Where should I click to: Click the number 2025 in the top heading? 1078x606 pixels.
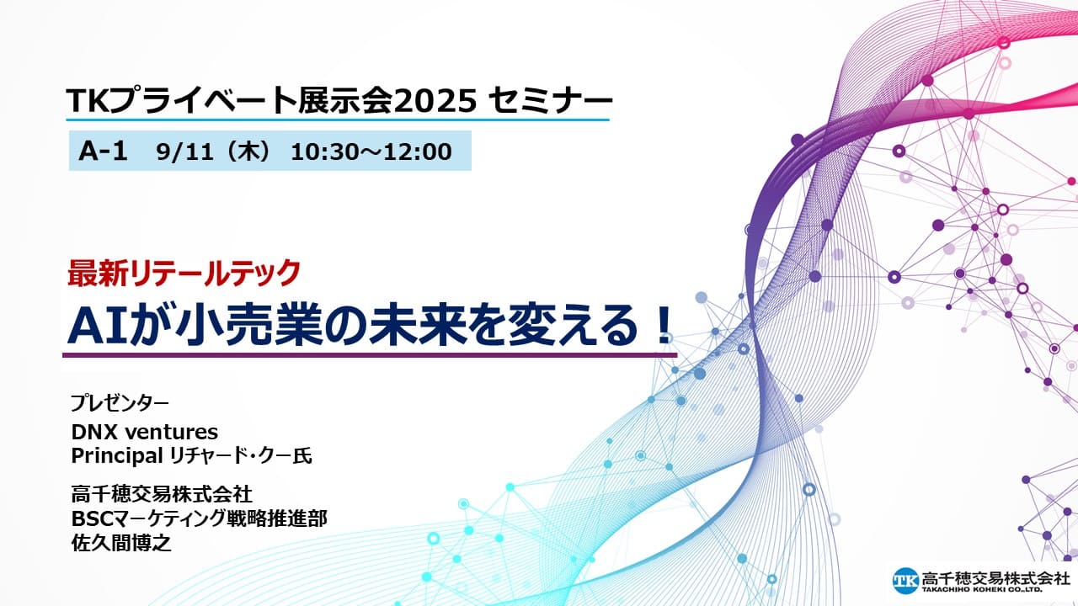(x=435, y=101)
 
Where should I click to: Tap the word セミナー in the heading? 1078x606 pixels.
(x=550, y=101)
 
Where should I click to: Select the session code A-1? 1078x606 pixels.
(x=103, y=151)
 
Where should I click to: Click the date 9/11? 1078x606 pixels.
(x=184, y=151)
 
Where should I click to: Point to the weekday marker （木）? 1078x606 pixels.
(x=248, y=151)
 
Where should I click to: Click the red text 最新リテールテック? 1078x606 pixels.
(x=184, y=273)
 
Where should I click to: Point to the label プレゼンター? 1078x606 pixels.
(x=120, y=402)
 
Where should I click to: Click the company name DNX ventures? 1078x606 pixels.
(x=144, y=432)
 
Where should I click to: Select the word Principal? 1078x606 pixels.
(x=116, y=456)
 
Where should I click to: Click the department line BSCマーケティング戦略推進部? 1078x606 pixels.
(x=200, y=518)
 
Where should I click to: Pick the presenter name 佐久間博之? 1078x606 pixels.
(x=121, y=544)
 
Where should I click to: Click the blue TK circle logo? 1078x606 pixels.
(x=905, y=581)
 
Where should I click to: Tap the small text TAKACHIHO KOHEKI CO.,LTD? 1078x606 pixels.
(x=982, y=589)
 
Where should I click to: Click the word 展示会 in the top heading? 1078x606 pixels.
(x=345, y=101)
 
